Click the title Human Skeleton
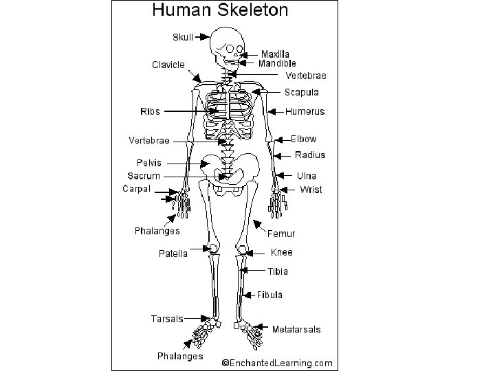[219, 10]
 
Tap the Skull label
[182, 36]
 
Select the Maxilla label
[275, 54]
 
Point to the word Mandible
[277, 63]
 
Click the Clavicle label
[168, 65]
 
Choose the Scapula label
[301, 92]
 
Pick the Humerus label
[305, 111]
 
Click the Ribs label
[150, 111]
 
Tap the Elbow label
[303, 139]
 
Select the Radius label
[310, 155]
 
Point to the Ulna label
[307, 176]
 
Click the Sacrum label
[143, 176]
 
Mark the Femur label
[280, 234]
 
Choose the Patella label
[173, 254]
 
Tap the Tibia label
[278, 271]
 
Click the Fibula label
[269, 295]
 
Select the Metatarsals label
[296, 330]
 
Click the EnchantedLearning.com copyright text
[276, 363]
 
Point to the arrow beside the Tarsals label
[204, 318]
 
